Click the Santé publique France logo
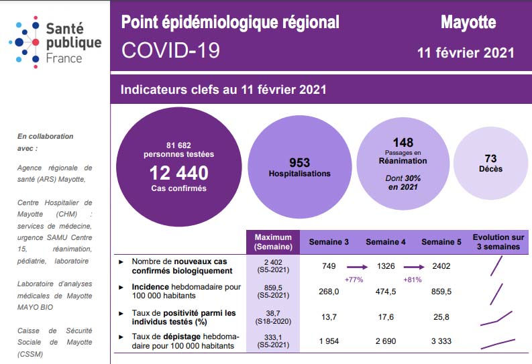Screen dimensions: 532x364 (x=55, y=42)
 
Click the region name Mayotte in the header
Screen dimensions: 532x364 (x=468, y=22)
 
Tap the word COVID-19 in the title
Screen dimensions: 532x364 (x=170, y=50)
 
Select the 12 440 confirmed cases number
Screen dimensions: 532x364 (x=179, y=173)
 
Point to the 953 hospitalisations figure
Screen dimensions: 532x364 (x=300, y=163)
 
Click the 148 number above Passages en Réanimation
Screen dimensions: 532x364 (x=403, y=142)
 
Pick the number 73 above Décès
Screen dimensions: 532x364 (x=490, y=158)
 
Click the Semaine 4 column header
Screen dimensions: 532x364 (x=386, y=242)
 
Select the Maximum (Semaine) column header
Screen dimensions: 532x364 (x=273, y=242)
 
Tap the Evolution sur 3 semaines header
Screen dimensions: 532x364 (x=498, y=242)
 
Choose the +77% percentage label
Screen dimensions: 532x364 (x=354, y=280)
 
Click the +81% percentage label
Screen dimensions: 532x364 (x=413, y=280)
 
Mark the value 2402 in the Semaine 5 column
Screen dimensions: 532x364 (x=441, y=266)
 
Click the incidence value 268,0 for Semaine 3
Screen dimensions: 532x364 (x=329, y=292)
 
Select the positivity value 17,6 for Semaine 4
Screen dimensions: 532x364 (x=386, y=317)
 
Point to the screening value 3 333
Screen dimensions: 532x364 (x=441, y=341)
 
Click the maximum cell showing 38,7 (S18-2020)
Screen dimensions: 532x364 (x=273, y=317)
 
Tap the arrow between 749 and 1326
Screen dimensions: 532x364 (x=358, y=267)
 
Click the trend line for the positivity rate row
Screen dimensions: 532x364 (x=496, y=318)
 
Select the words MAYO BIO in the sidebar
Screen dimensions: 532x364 (x=36, y=307)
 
